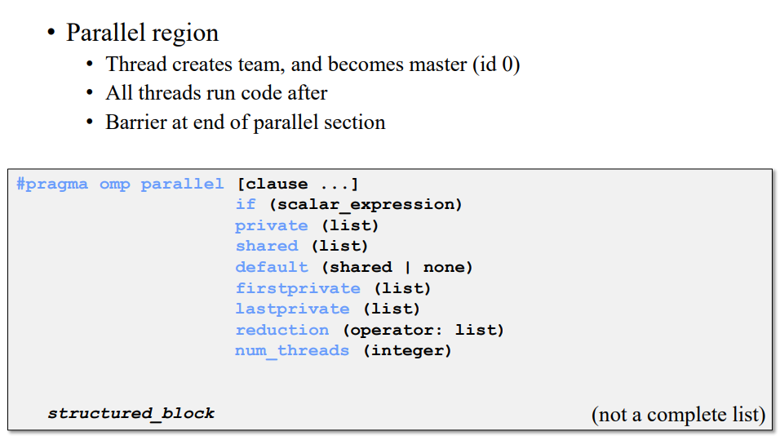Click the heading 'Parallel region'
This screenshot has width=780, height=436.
[142, 33]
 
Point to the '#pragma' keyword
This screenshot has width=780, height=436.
[52, 184]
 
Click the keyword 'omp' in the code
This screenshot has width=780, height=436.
[114, 184]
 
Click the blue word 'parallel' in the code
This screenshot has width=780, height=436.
[182, 184]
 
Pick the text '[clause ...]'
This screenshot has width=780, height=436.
[298, 184]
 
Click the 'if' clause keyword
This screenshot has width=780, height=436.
[246, 204]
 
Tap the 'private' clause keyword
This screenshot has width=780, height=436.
[272, 225]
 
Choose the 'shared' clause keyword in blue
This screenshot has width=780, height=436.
[267, 246]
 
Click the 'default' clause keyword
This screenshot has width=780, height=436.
[272, 267]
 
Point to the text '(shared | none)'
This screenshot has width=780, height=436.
[397, 267]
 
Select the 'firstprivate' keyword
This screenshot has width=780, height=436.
[298, 288]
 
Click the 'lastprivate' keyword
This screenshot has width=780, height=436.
[292, 309]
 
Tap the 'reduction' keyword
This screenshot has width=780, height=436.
[282, 330]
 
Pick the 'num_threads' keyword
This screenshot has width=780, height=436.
[292, 350]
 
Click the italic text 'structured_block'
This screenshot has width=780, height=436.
[131, 413]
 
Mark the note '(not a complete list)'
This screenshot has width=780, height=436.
[678, 414]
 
